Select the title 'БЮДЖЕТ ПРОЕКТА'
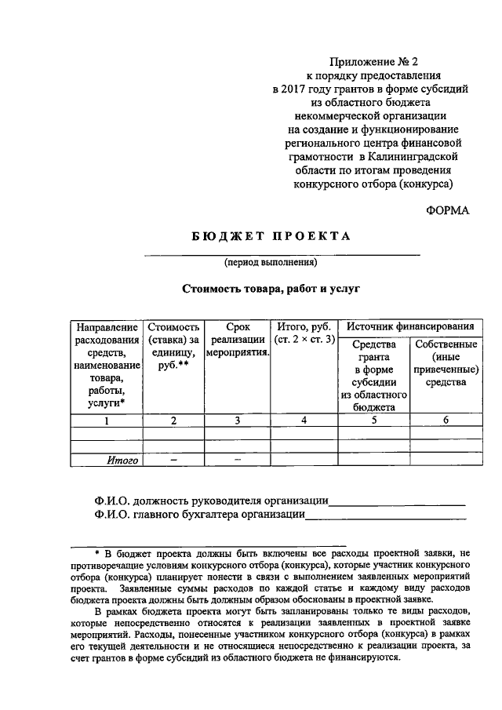pyautogui.click(x=270, y=236)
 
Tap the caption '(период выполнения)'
pyautogui.click(x=270, y=262)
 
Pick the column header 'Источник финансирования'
pyautogui.click(x=409, y=326)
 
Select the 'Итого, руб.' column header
pyautogui.click(x=304, y=333)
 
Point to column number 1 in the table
pyautogui.click(x=107, y=421)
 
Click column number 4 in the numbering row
pyautogui.click(x=304, y=421)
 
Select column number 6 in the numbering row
pyautogui.click(x=445, y=421)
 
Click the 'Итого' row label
pyautogui.click(x=122, y=461)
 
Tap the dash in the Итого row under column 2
pyautogui.click(x=173, y=461)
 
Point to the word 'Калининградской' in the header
pyautogui.click(x=421, y=158)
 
